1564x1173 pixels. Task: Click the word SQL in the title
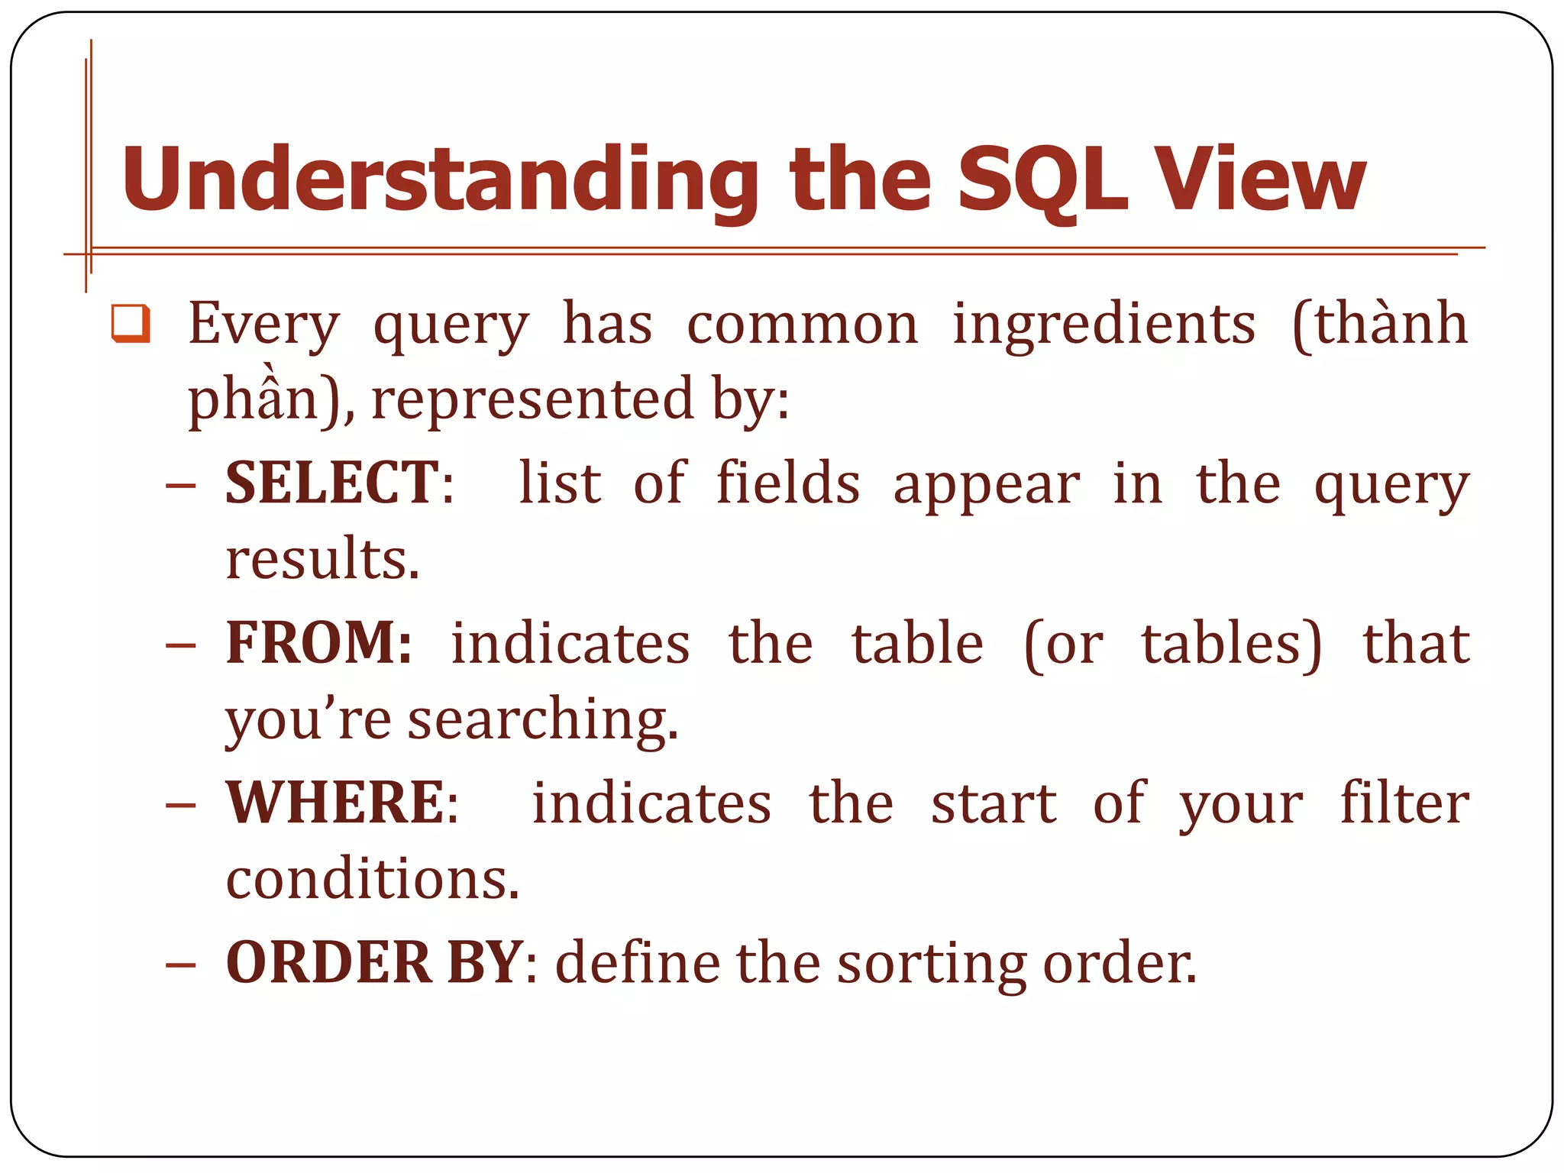1042,180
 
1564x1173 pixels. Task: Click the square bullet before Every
131,323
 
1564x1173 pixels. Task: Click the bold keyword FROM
318,643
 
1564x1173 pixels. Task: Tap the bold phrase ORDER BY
374,962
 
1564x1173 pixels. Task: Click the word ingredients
1104,325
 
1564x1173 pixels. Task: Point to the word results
322,559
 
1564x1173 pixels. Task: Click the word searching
542,720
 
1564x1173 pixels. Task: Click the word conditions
372,879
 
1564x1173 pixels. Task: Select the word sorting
932,964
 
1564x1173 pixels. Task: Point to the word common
802,325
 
